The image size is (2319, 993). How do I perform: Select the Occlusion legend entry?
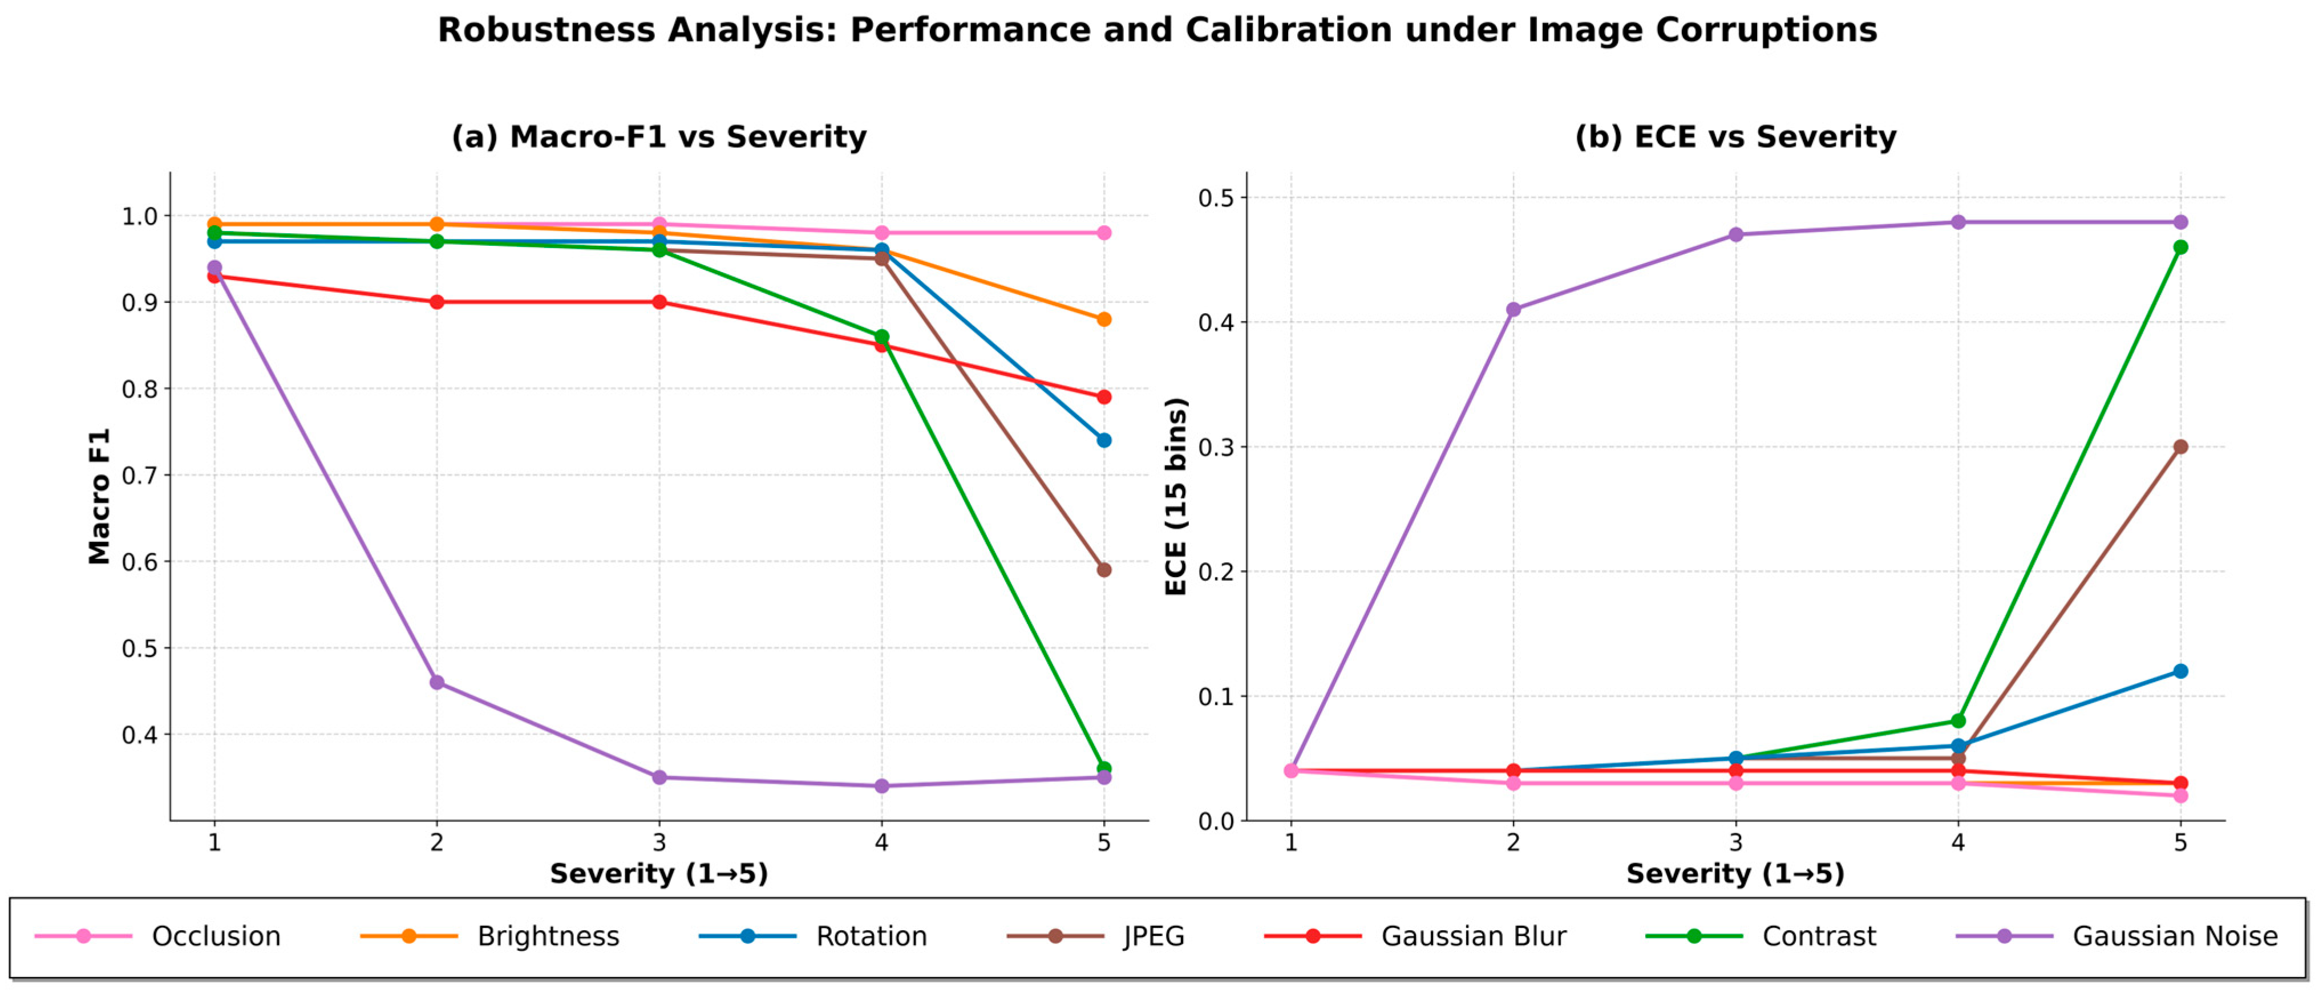point(157,937)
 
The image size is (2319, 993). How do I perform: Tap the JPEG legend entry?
point(1095,937)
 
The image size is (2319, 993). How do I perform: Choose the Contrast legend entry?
point(1761,937)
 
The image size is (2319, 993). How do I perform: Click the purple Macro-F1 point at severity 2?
point(436,682)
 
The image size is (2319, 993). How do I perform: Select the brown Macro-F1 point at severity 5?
point(1104,570)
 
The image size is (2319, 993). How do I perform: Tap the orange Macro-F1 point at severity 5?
point(1104,319)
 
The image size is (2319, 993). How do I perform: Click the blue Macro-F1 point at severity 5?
point(1104,440)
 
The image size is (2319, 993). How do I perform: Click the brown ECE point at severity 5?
point(2180,447)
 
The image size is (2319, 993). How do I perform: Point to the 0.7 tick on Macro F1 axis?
point(140,475)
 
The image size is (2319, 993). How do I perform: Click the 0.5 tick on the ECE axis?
point(1217,198)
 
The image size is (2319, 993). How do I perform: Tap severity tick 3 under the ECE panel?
point(1735,842)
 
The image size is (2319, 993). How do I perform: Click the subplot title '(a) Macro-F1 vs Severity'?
point(659,137)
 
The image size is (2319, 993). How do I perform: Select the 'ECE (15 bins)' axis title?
point(1176,496)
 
